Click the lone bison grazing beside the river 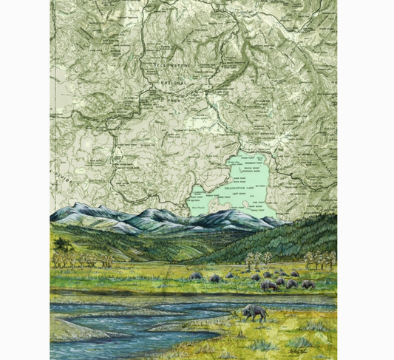tap(254, 313)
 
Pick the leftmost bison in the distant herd tap(197, 276)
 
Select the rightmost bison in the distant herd tap(308, 284)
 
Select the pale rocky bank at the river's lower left tap(74, 329)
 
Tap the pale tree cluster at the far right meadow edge tap(321, 259)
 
